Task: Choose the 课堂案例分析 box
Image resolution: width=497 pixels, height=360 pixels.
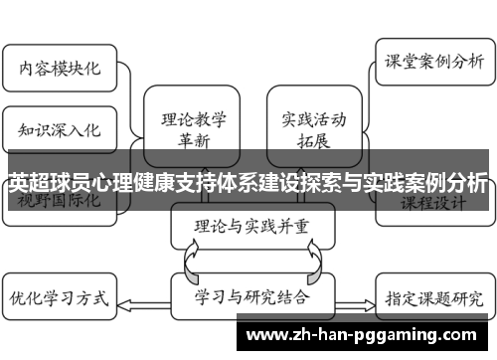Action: click(434, 61)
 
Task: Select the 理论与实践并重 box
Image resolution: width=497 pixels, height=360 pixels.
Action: click(248, 225)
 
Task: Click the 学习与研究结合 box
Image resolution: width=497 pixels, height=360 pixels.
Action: click(248, 296)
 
